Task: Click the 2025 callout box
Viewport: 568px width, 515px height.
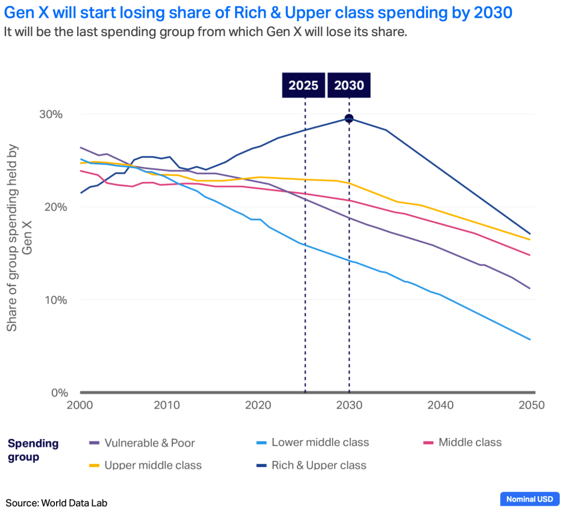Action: tap(303, 85)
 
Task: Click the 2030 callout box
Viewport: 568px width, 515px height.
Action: tap(349, 85)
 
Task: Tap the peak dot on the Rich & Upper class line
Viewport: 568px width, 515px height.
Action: tap(349, 119)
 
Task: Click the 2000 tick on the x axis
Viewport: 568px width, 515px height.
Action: tap(80, 405)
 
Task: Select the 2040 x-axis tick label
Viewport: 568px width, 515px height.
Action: tap(440, 405)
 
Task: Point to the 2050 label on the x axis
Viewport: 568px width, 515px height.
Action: tap(530, 405)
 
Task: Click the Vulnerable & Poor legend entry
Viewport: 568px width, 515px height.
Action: tap(142, 443)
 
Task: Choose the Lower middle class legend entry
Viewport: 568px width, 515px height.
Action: tap(313, 442)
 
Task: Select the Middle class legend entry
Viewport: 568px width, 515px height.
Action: tap(463, 442)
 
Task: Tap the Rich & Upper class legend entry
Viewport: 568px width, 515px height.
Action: tap(311, 465)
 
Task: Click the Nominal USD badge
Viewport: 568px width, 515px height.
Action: tap(529, 499)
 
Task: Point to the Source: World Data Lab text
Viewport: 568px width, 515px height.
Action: tap(57, 503)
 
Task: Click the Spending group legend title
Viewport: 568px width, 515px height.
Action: tap(33, 450)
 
